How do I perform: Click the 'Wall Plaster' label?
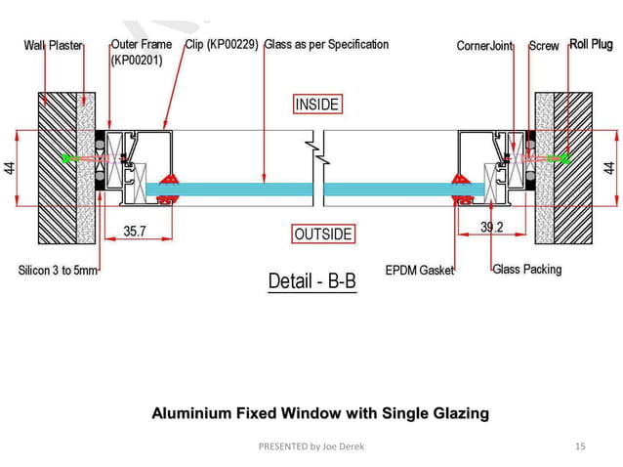(x=54, y=46)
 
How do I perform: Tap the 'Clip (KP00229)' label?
(x=222, y=45)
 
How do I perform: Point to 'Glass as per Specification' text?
(x=326, y=45)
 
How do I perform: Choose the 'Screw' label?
(x=544, y=46)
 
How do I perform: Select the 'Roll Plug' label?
(x=591, y=44)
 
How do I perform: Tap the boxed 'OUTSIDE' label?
(x=322, y=234)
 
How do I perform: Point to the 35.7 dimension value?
(x=136, y=232)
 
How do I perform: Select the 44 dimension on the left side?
(x=9, y=167)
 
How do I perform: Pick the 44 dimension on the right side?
(x=611, y=167)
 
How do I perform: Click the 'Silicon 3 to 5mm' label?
(x=58, y=271)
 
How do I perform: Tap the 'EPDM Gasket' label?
(x=420, y=271)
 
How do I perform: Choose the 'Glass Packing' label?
(x=527, y=269)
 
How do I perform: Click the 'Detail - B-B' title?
(x=312, y=282)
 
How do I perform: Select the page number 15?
(x=580, y=446)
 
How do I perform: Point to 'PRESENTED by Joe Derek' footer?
(x=311, y=446)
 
